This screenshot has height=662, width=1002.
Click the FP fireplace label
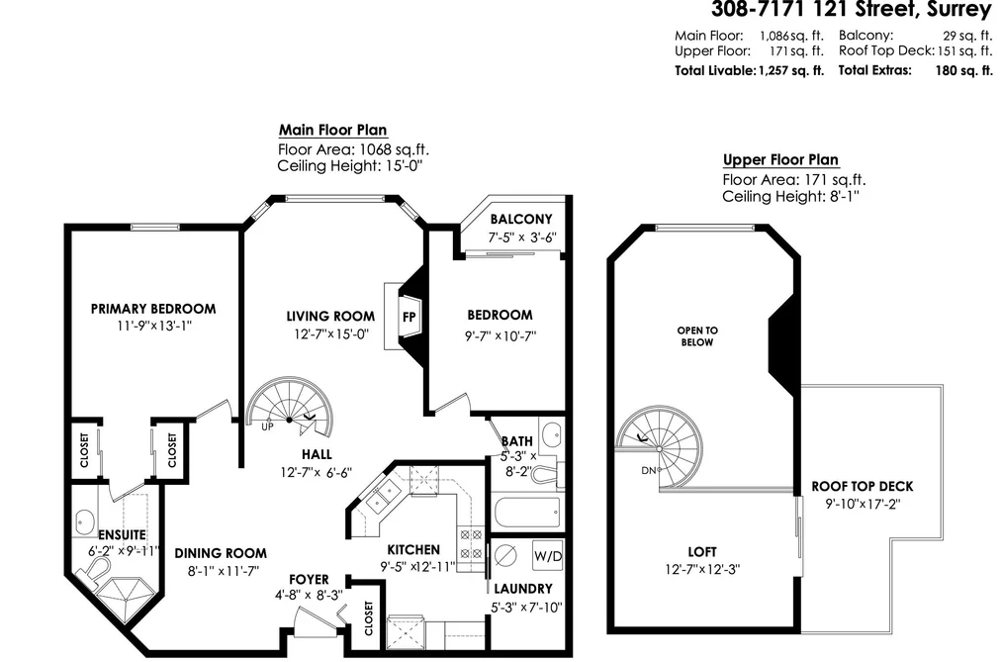coord(409,317)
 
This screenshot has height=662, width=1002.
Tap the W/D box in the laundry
coord(548,556)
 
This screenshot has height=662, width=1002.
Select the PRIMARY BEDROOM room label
coord(153,310)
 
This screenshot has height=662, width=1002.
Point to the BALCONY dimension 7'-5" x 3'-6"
coord(522,237)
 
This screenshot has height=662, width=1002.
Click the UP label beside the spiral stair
coord(267,426)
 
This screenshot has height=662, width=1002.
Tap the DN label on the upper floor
coord(648,471)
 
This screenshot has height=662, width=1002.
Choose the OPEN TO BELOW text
coord(697,336)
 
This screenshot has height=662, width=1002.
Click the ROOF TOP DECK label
coord(863,486)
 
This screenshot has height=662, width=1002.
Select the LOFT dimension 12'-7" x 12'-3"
coord(702,569)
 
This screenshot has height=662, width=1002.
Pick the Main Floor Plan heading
coord(333,130)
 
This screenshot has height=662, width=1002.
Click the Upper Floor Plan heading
coord(780,159)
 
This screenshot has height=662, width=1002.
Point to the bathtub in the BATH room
coord(527,512)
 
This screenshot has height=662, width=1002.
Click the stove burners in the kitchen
coord(471,543)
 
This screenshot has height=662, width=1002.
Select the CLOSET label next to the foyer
coord(369,617)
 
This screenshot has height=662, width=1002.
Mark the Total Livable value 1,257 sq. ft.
coord(791,71)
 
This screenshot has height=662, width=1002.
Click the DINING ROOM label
coord(222,553)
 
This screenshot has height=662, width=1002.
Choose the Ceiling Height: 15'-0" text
coord(350,167)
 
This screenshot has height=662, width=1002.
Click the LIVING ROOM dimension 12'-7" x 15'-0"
coord(330,334)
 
